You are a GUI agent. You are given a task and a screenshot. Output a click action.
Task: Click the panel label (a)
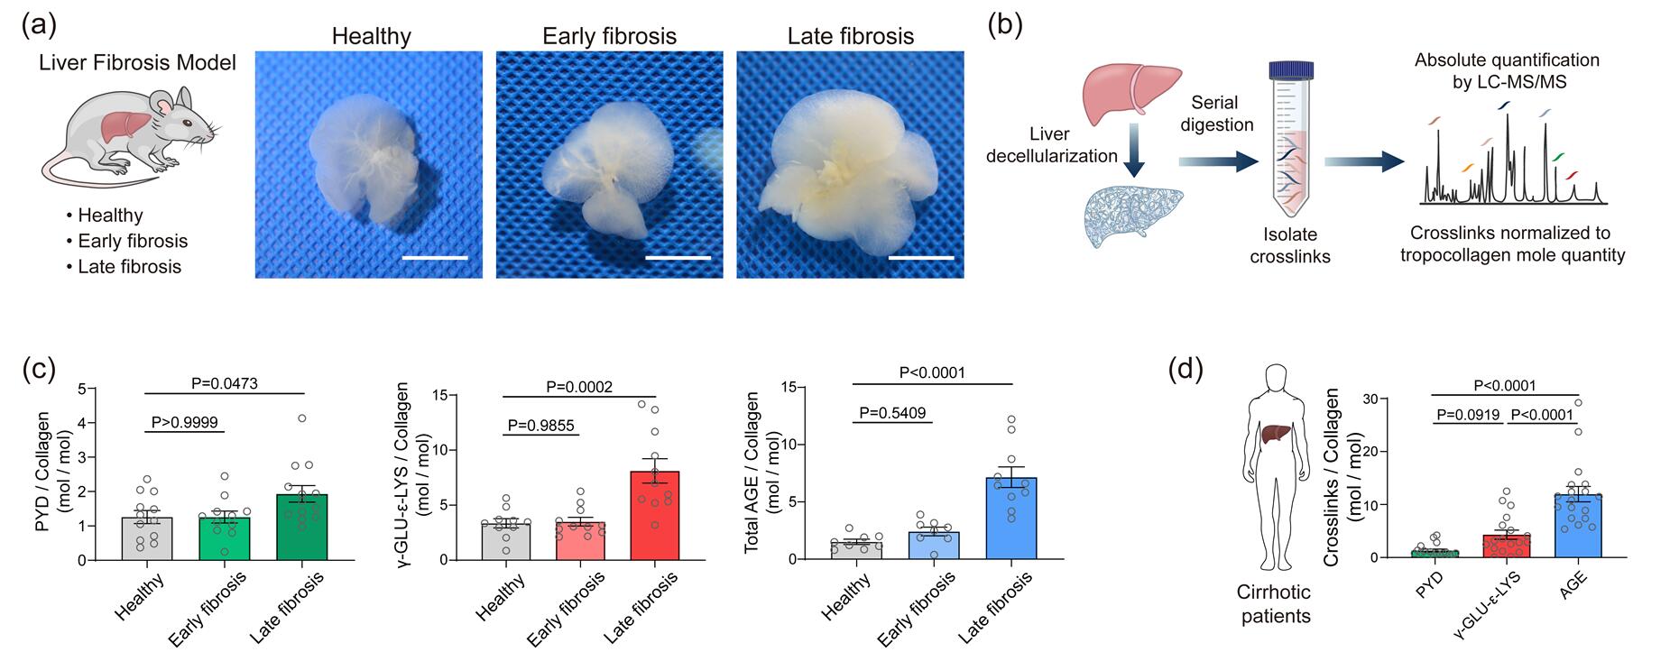point(38,24)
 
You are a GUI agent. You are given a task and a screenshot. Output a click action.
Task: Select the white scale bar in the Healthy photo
point(436,258)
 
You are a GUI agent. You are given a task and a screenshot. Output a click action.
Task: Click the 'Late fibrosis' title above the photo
point(850,36)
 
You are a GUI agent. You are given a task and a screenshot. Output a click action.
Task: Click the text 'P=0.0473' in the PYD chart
point(224,383)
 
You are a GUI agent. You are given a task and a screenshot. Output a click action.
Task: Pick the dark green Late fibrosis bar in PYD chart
point(302,528)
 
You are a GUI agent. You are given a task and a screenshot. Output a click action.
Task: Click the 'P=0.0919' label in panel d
point(1468,416)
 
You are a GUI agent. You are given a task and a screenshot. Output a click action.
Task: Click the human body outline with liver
point(1273,469)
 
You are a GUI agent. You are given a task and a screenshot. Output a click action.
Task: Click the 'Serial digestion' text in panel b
point(1215,114)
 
